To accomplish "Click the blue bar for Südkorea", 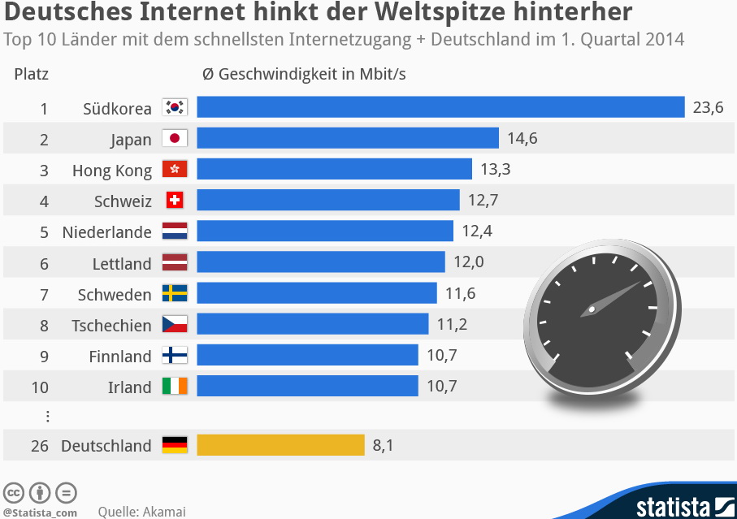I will [440, 107].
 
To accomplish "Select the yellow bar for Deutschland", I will [280, 445].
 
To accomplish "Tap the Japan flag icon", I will [175, 138].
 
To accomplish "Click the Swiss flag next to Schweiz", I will [175, 200].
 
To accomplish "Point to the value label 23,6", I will [708, 107].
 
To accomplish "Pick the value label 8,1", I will [383, 445].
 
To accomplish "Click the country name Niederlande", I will [106, 232].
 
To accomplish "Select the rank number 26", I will [41, 446].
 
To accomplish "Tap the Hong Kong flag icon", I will [175, 169].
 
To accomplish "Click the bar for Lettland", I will [320, 262].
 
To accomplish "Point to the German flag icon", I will [175, 445].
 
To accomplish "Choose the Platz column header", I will [32, 75].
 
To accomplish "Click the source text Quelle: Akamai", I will [141, 512].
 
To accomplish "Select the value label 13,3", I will [496, 169].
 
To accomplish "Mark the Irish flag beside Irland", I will [175, 386].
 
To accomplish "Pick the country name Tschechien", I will [111, 326].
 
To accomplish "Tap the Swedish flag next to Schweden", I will [175, 293].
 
